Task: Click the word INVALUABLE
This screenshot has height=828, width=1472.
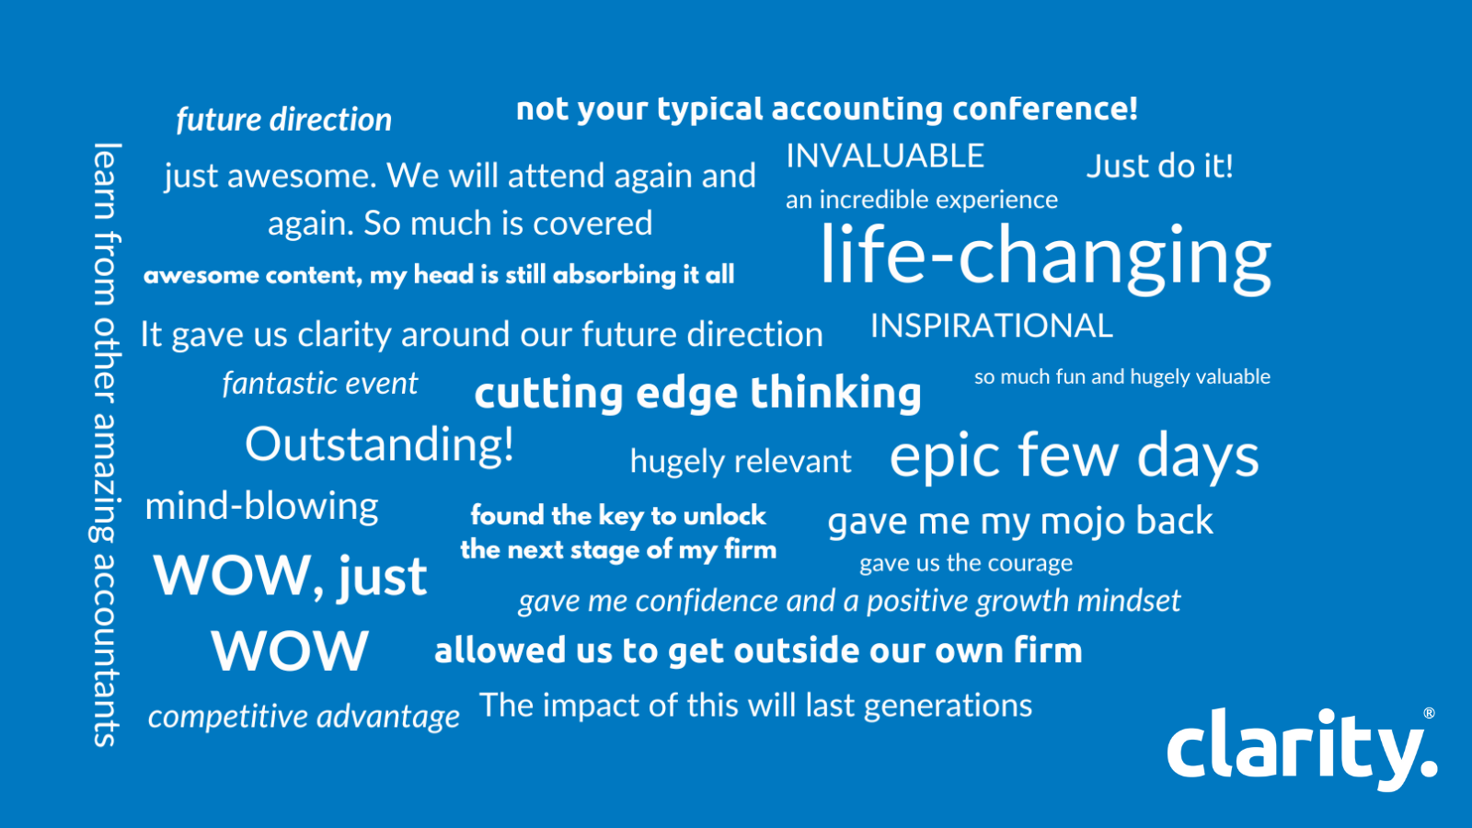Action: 885,156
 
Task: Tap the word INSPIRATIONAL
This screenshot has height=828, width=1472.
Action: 992,326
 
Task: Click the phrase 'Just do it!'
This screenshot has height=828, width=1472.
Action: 1160,166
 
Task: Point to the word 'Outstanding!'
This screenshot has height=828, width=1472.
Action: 379,445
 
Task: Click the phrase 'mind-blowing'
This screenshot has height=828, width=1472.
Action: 261,507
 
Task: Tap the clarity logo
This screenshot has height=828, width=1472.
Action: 1302,749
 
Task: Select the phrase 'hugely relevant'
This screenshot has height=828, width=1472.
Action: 741,462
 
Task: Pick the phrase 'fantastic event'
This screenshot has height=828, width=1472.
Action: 320,383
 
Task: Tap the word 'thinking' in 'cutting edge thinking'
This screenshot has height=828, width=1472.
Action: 835,393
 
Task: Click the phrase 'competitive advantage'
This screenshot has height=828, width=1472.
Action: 304,717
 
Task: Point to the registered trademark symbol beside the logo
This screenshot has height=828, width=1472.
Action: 1430,714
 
